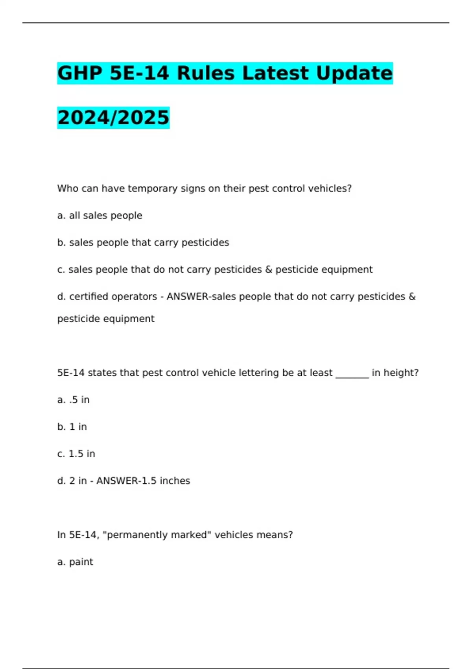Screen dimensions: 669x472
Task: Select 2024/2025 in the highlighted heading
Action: tap(113, 118)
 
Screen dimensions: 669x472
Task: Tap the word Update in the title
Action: tap(354, 73)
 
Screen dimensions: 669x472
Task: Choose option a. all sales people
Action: tap(100, 216)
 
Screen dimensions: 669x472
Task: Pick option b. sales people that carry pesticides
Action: tap(143, 242)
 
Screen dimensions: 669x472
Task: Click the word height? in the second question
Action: tap(395, 373)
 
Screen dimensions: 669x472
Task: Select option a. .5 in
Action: tap(74, 400)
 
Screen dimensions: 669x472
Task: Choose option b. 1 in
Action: tap(72, 427)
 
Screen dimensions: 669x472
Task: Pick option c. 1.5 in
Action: tap(76, 454)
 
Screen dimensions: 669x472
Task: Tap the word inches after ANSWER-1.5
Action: tap(175, 481)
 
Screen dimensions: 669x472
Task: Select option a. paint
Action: tap(75, 562)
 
